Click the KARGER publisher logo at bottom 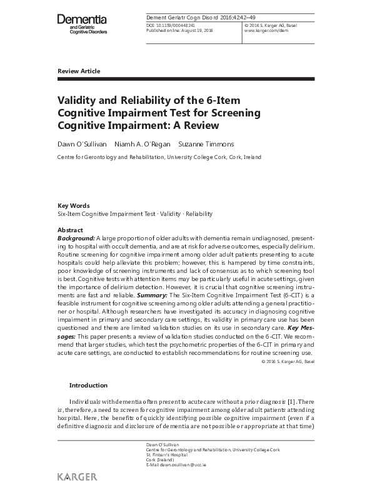[77, 477]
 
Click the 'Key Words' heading [73, 205]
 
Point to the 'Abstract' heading [70, 230]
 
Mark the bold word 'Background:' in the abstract [76, 238]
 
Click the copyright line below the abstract [283, 361]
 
